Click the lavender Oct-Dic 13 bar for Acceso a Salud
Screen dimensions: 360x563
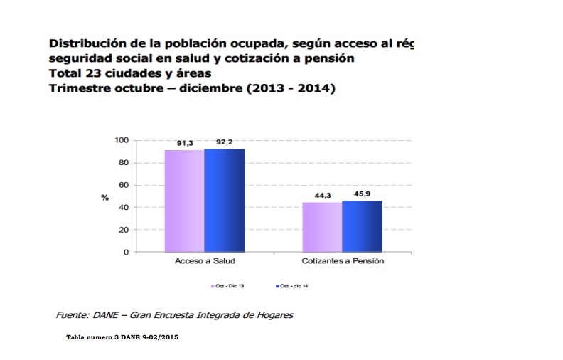click(184, 201)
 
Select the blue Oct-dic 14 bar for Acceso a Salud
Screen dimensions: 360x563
click(224, 200)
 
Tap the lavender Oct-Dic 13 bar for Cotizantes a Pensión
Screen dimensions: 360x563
click(322, 227)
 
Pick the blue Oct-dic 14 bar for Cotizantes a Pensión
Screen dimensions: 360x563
click(362, 226)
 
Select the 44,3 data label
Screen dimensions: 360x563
click(322, 197)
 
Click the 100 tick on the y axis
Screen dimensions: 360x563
click(122, 140)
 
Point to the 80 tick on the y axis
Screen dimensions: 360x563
click(124, 163)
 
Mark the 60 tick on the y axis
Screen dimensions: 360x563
click(124, 185)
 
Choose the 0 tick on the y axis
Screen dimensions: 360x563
click(127, 253)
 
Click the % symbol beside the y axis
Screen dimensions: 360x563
click(105, 197)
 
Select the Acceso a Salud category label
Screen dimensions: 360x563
click(204, 262)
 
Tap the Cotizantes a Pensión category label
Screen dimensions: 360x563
click(342, 262)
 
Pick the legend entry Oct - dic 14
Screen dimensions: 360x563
click(294, 286)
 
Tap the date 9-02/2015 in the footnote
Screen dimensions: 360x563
click(159, 337)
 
